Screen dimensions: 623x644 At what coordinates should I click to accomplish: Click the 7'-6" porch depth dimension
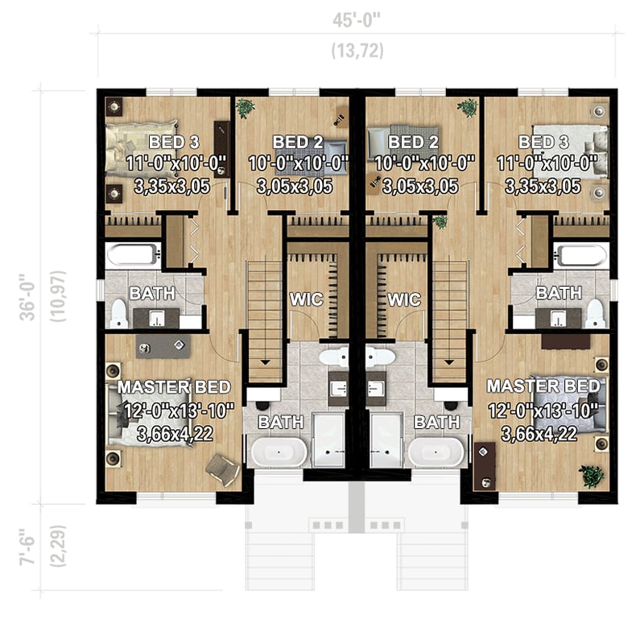27,547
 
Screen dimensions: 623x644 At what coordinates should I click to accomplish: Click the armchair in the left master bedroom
222,468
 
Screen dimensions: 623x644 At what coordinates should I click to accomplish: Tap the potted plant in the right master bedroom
593,475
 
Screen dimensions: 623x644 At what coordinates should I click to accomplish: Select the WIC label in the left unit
306,299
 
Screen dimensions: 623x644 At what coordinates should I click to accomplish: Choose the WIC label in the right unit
404,299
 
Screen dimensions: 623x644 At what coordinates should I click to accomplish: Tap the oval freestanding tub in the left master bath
277,452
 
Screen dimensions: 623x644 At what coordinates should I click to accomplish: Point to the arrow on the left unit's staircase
264,362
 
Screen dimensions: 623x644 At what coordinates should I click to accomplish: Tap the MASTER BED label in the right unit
543,386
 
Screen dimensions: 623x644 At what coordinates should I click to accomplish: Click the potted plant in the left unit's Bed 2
246,108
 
